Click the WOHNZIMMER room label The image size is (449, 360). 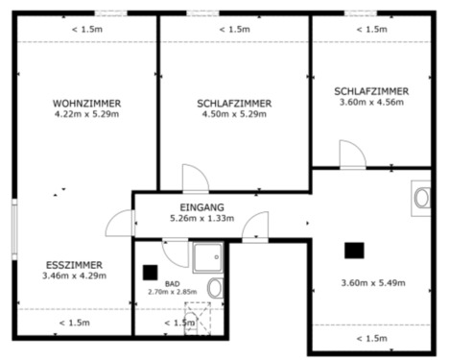pyautogui.click(x=86, y=103)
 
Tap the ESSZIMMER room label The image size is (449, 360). pyautogui.click(x=74, y=264)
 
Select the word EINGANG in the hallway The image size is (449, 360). pyautogui.click(x=201, y=207)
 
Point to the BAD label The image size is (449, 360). pyautogui.click(x=172, y=283)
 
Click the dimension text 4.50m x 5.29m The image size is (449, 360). pyautogui.click(x=234, y=115)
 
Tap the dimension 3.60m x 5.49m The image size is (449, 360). pyautogui.click(x=373, y=283)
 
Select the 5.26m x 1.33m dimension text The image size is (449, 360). pyautogui.click(x=201, y=219)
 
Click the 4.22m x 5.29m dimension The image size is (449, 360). pyautogui.click(x=86, y=115)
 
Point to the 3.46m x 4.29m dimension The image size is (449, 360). pyautogui.click(x=74, y=276)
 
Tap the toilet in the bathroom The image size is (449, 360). pyautogui.click(x=215, y=289)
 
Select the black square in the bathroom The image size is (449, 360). pyautogui.click(x=149, y=272)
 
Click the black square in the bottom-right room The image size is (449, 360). pyautogui.click(x=354, y=250)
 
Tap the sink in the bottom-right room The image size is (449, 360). pyautogui.click(x=421, y=198)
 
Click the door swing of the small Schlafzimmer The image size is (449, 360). pyautogui.click(x=350, y=154)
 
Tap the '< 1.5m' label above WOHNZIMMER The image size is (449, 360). pyautogui.click(x=86, y=29)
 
